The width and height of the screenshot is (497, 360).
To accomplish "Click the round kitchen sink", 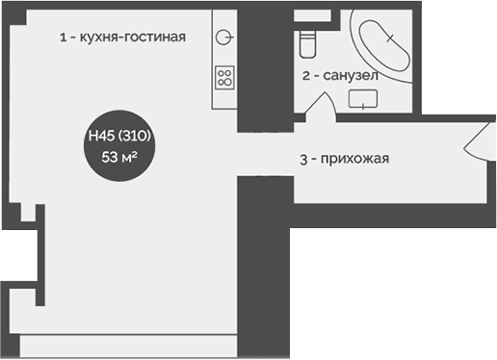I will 223,37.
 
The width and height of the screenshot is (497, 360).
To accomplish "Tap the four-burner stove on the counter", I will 224,77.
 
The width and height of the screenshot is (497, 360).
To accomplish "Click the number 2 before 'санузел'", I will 306,74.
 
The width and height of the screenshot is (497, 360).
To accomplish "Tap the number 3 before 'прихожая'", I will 302,160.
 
